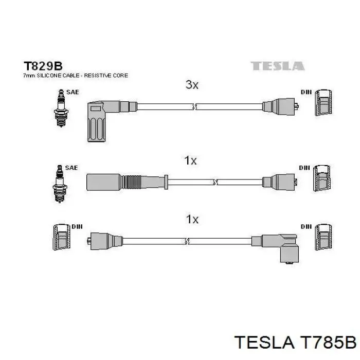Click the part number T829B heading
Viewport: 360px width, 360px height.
[x=43, y=66]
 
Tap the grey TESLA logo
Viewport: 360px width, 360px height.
[x=277, y=66]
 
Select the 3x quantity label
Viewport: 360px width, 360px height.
[x=192, y=85]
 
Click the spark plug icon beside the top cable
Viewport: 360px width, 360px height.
[x=61, y=108]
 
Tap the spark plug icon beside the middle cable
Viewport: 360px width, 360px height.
[x=60, y=184]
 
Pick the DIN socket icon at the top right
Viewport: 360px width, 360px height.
[x=323, y=102]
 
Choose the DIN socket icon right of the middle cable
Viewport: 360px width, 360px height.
[x=322, y=178]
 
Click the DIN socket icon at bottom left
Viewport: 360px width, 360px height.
[x=62, y=237]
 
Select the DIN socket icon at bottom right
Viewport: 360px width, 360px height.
[x=323, y=237]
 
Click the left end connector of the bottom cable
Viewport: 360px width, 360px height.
[x=105, y=241]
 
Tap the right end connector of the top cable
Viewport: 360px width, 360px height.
[x=281, y=107]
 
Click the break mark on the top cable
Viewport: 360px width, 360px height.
[x=194, y=106]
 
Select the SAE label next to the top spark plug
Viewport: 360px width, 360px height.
[x=73, y=92]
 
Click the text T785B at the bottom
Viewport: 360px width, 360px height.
[x=328, y=343]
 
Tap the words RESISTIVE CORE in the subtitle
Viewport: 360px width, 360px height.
[x=106, y=76]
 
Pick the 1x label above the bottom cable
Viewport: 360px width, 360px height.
[x=192, y=219]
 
